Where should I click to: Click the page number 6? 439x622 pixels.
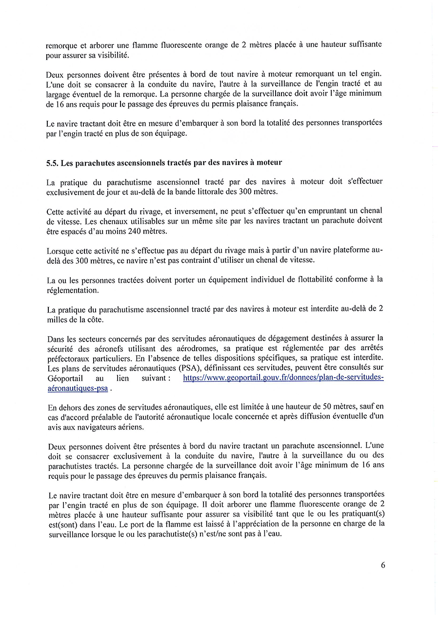[383, 565]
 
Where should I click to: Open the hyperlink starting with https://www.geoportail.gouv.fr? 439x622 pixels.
[283, 378]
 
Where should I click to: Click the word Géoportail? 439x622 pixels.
[65, 378]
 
